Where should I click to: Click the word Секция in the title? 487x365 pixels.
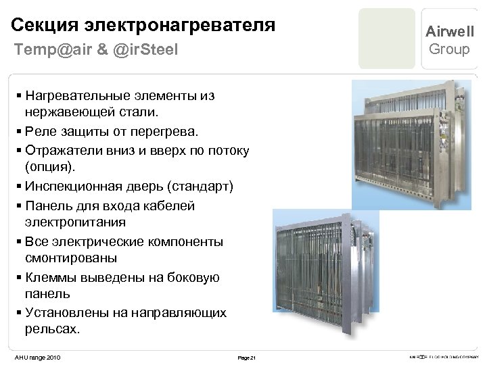pos(45,26)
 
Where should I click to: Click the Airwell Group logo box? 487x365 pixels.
pos(449,39)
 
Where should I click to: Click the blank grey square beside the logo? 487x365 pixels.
pos(387,39)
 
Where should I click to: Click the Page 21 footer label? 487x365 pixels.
pos(246,357)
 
